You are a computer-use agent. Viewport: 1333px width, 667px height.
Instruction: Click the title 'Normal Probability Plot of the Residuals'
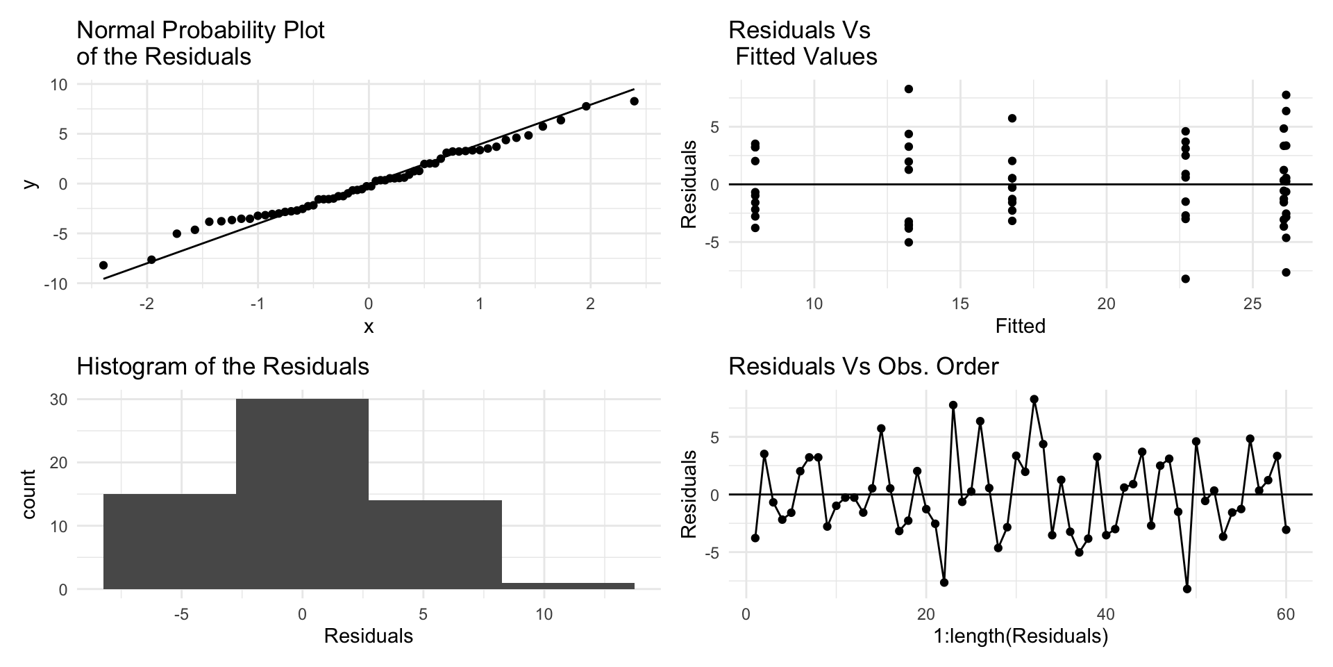pos(201,43)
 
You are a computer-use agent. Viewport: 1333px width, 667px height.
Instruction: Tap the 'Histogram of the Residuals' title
pos(222,366)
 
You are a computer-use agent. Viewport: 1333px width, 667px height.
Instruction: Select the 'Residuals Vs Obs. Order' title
pos(863,366)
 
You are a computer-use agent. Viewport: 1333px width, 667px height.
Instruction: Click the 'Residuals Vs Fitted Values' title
pos(803,43)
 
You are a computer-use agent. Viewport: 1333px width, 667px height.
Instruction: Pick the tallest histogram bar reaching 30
pos(302,493)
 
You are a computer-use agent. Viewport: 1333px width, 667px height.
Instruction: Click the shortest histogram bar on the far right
pos(568,586)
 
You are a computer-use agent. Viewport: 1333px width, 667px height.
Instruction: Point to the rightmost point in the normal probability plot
pos(634,101)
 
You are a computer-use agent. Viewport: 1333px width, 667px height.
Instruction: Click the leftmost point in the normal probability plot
pos(103,265)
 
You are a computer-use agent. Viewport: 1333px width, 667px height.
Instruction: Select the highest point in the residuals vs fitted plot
pos(908,89)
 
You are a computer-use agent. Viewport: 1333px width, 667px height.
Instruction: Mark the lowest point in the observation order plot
pos(1187,589)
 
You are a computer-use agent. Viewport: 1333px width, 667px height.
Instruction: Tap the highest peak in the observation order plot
pos(1034,400)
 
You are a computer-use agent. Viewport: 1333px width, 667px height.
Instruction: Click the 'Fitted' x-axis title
pos(1020,326)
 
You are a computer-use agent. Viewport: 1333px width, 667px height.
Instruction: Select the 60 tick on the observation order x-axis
pos(1285,615)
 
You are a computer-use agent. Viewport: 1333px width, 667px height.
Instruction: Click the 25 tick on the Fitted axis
pos(1252,304)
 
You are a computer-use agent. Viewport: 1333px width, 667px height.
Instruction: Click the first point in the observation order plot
pos(755,538)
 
